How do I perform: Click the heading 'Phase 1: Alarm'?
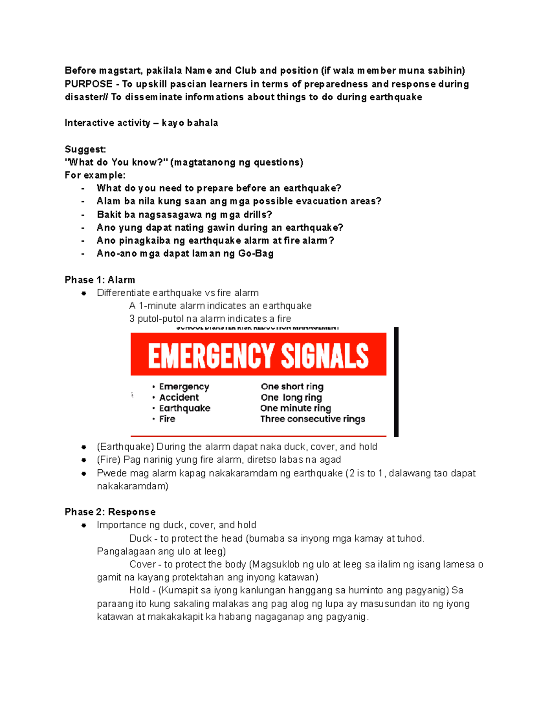pyautogui.click(x=99, y=280)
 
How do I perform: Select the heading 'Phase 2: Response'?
pyautogui.click(x=110, y=512)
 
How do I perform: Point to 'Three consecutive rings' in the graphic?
pyautogui.click(x=313, y=419)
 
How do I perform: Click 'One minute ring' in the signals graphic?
pyautogui.click(x=296, y=408)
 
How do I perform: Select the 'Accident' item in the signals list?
pyautogui.click(x=179, y=397)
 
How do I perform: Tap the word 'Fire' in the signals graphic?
pyautogui.click(x=167, y=419)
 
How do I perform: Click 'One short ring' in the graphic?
pyautogui.click(x=292, y=386)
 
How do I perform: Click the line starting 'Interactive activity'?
pyautogui.click(x=141, y=123)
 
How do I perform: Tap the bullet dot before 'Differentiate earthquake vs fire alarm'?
pyautogui.click(x=84, y=293)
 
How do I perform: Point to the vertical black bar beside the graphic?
pyautogui.click(x=396, y=381)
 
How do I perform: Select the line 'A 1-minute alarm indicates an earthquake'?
pyautogui.click(x=220, y=306)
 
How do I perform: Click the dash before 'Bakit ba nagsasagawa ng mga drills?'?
pyautogui.click(x=83, y=215)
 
